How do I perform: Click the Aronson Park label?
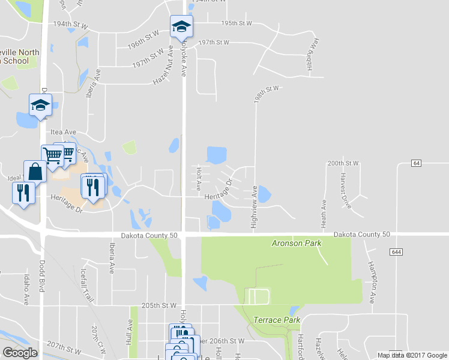point(297,244)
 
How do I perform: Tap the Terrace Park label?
point(276,320)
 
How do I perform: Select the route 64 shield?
point(417,163)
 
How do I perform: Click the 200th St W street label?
point(343,163)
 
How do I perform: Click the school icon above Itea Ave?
point(41,106)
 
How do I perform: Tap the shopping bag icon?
point(35,172)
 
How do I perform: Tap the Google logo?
point(20,353)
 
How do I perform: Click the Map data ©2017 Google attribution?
point(411,355)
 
